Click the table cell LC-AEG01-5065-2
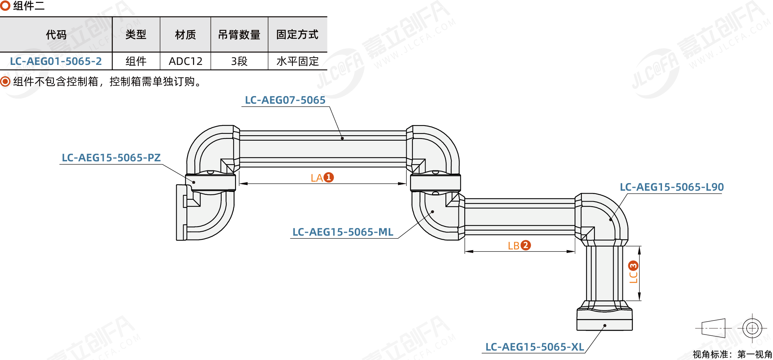point(56,61)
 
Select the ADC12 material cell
point(185,61)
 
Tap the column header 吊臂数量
point(239,34)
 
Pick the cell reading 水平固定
point(297,61)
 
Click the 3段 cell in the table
point(239,61)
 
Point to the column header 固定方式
point(297,34)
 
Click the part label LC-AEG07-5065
point(285,100)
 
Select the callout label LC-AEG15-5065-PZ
point(111,158)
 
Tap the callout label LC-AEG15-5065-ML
point(343,232)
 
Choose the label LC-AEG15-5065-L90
point(672,187)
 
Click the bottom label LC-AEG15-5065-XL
point(535,347)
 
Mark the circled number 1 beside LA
point(329,177)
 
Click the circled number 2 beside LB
point(526,245)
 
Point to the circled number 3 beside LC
point(633,266)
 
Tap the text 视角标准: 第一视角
point(732,354)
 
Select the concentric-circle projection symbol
point(752,328)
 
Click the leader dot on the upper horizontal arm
point(342,138)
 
